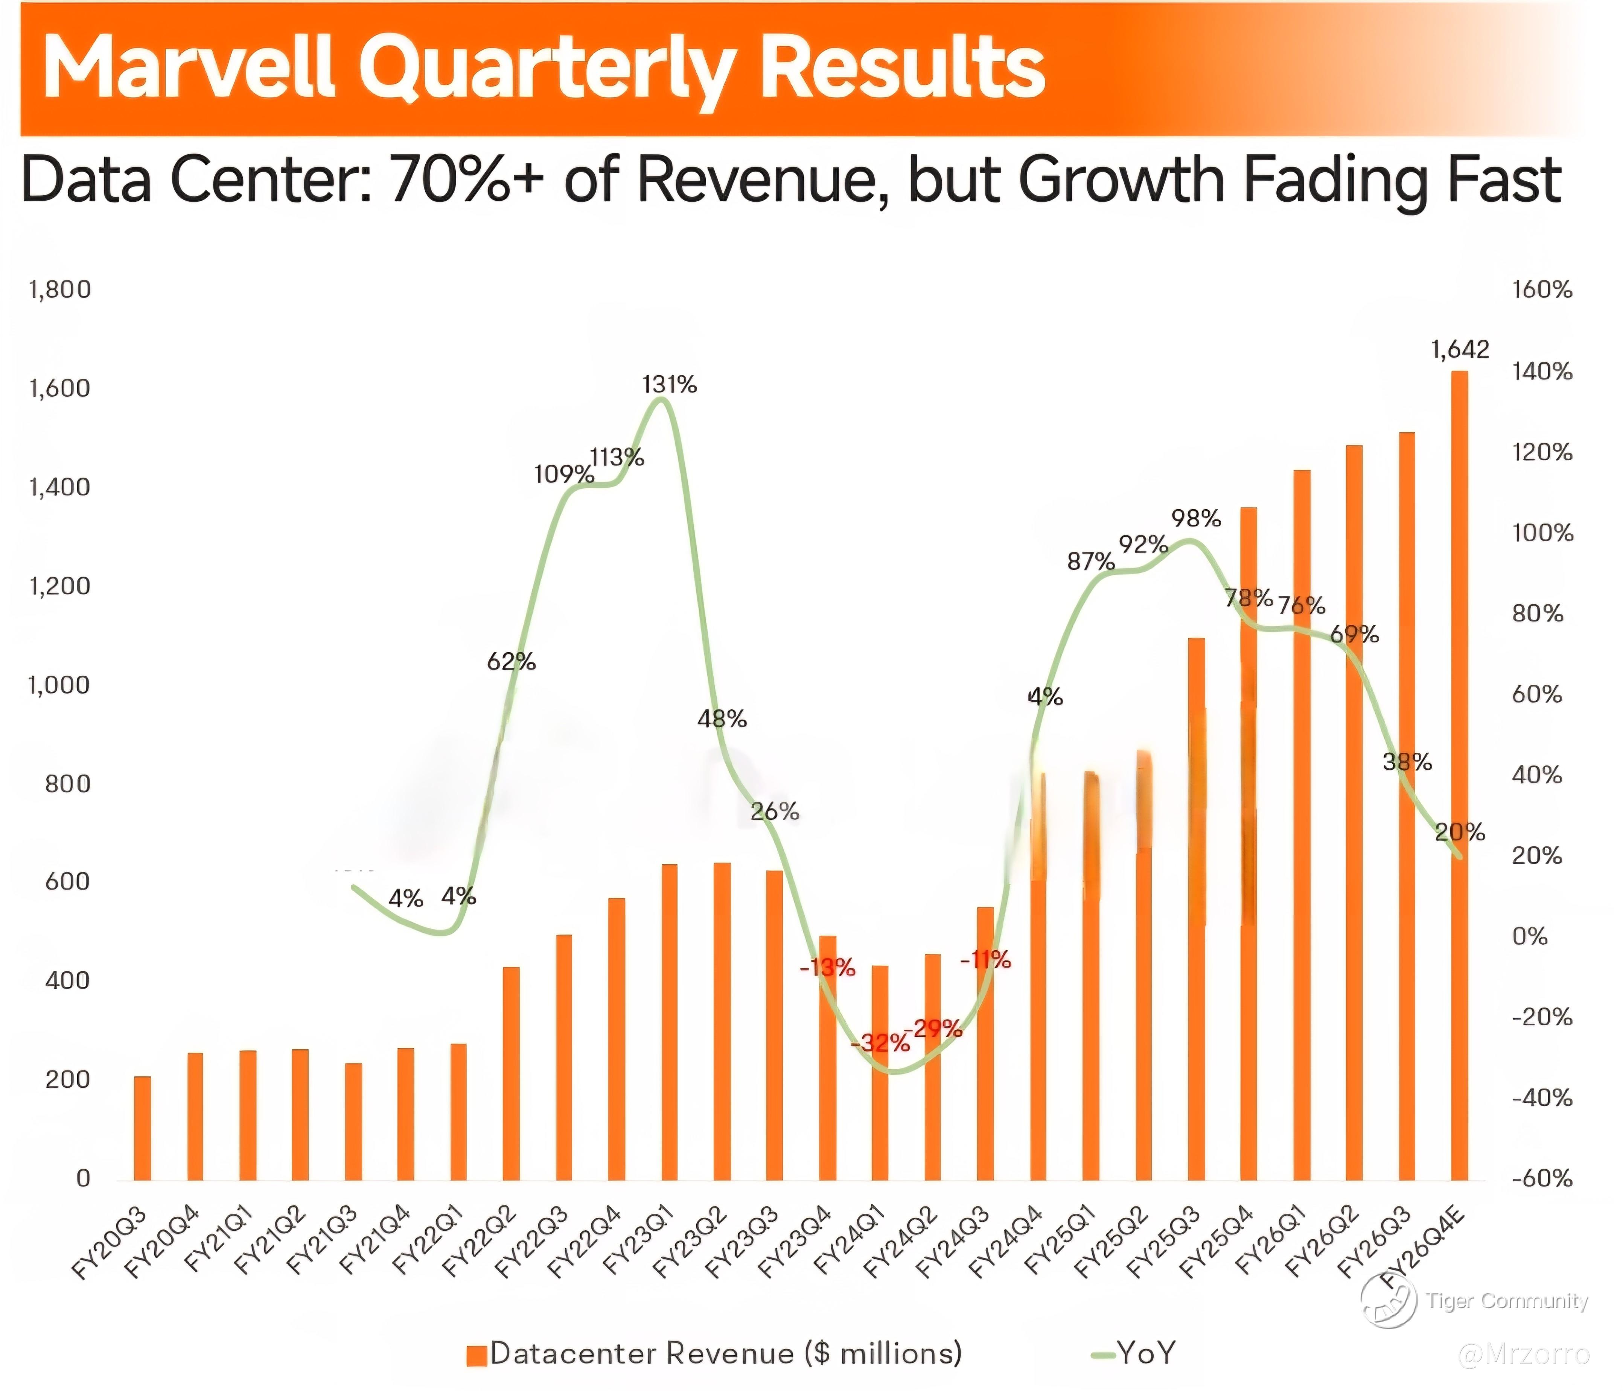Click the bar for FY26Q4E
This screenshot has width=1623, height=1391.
point(1459,775)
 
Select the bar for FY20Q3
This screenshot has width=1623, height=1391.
point(142,1128)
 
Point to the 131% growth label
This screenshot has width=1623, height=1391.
point(669,385)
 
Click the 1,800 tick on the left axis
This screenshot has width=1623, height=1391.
point(60,290)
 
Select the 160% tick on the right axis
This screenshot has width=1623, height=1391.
point(1542,290)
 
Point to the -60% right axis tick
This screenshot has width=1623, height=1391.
point(1542,1178)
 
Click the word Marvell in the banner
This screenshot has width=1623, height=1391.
point(188,69)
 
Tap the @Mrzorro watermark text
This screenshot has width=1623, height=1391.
point(1524,1354)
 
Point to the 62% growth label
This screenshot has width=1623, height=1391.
point(512,662)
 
